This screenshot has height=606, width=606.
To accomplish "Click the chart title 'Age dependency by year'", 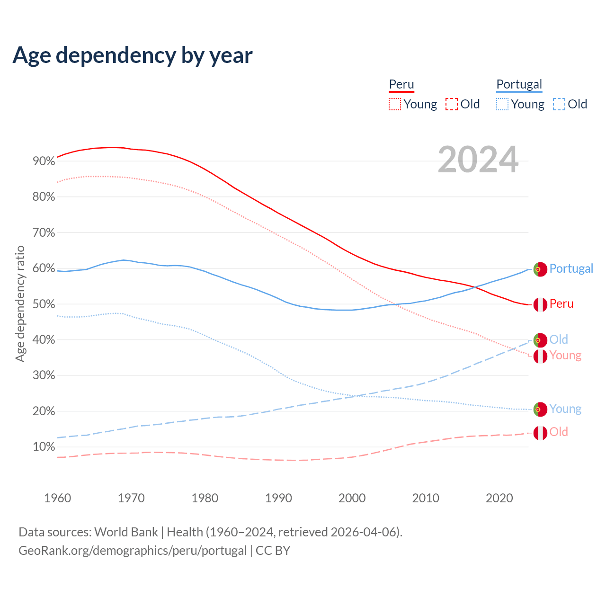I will pyautogui.click(x=133, y=55).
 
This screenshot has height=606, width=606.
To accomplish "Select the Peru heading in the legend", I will pyautogui.click(x=401, y=84).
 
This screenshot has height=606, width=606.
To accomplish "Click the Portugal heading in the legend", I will pyautogui.click(x=519, y=84).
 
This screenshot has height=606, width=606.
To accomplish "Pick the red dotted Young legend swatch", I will pyautogui.click(x=394, y=104).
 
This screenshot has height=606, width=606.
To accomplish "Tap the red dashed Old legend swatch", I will pyautogui.click(x=452, y=104).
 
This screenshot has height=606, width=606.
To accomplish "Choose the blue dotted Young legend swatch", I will pyautogui.click(x=502, y=104).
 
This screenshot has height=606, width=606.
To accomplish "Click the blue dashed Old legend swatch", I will pyautogui.click(x=559, y=104).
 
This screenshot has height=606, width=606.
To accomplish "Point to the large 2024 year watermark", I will pyautogui.click(x=478, y=160).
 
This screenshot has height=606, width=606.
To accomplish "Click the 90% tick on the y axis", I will pyautogui.click(x=44, y=161).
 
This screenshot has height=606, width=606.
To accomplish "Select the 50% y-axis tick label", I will pyautogui.click(x=44, y=304).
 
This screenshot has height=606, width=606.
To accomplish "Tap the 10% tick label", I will pyautogui.click(x=44, y=447).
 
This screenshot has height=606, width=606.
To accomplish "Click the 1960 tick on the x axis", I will pyautogui.click(x=57, y=498).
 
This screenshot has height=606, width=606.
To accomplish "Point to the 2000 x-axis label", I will pyautogui.click(x=352, y=498).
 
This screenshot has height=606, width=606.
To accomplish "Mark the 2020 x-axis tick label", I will pyautogui.click(x=499, y=498).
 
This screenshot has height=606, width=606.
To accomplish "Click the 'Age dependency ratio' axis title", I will pyautogui.click(x=20, y=303).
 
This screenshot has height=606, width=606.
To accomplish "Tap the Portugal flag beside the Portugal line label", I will pyautogui.click(x=540, y=269).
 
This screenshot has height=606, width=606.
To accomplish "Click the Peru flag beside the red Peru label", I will pyautogui.click(x=540, y=304).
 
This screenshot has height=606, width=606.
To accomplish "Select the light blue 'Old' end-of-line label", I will pyautogui.click(x=559, y=339).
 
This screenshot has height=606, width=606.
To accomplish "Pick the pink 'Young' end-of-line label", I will pyautogui.click(x=565, y=356).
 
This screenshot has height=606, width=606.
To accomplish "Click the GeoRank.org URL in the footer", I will pyautogui.click(x=133, y=551).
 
